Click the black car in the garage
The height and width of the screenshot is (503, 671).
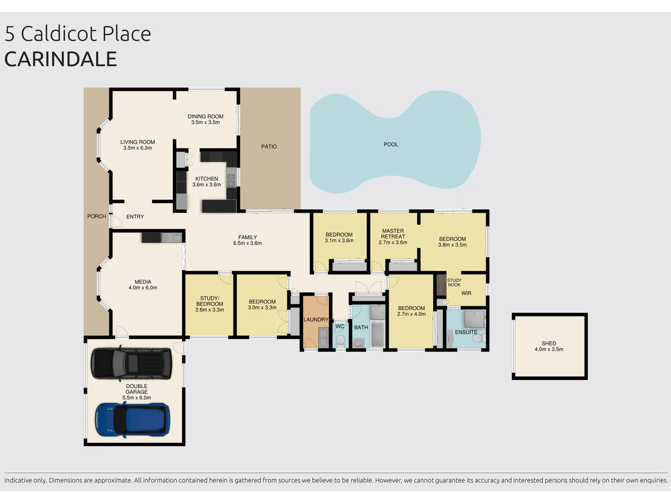131,362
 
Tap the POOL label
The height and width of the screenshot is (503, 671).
390,144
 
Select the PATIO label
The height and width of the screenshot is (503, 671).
269,147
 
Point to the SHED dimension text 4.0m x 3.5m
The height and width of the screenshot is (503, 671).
548,349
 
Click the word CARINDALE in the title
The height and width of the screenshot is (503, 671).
61,59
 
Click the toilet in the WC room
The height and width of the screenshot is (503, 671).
340,340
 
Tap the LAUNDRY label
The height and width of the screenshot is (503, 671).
315,320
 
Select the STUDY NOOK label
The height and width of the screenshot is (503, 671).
454,283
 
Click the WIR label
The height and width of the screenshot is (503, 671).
466,293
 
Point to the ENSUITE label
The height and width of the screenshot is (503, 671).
466,333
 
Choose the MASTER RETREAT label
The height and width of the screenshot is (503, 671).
393,234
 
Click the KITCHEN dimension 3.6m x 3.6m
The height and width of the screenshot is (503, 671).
206,185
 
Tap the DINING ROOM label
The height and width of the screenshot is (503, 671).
205,116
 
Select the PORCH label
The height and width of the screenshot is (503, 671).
96,217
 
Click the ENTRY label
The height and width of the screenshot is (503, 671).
135,217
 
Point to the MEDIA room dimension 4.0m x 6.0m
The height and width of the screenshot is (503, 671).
143,288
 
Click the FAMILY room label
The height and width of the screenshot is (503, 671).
247,238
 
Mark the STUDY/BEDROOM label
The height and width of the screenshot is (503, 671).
210,301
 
